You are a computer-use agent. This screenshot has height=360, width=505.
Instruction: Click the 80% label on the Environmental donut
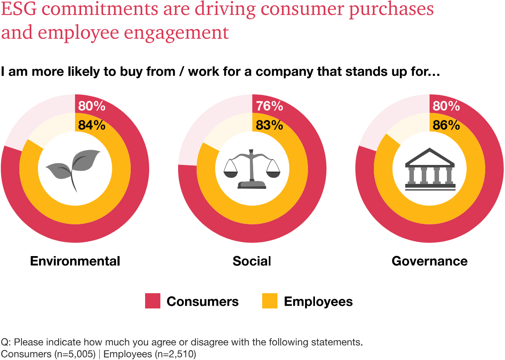click(92, 106)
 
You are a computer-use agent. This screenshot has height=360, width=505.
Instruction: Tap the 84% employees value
click(92, 125)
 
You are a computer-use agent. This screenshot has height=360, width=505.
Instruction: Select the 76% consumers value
click(269, 106)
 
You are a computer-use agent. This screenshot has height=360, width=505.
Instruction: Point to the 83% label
click(269, 125)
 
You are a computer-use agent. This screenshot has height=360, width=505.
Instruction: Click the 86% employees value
click(446, 125)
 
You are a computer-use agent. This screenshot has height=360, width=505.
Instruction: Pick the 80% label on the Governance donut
click(446, 106)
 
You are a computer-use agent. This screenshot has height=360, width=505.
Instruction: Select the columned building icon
click(430, 169)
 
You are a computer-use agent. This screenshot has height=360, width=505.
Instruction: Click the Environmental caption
click(75, 261)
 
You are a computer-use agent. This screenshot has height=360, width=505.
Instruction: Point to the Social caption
click(252, 261)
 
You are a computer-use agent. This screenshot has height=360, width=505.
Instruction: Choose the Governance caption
click(430, 261)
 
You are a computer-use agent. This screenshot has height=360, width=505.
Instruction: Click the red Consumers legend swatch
click(153, 301)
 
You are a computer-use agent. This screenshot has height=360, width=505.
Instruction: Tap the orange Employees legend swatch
click(270, 301)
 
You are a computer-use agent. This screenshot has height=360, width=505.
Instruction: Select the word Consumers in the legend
click(202, 301)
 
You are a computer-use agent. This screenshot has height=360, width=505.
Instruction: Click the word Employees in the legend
click(318, 301)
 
